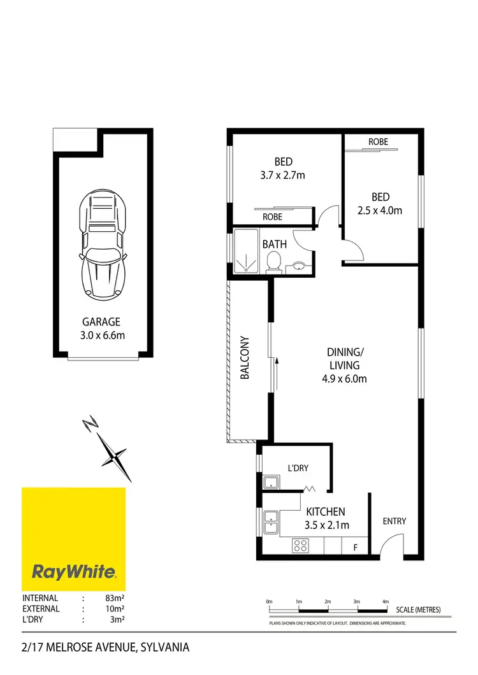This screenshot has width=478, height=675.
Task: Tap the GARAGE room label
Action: [101, 322]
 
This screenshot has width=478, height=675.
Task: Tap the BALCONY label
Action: [244, 358]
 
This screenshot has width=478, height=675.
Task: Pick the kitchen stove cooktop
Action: [300, 545]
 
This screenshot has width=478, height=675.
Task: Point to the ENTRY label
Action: [394, 521]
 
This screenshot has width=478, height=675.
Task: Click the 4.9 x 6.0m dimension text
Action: [344, 378]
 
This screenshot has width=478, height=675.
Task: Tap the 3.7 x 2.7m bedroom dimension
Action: [283, 174]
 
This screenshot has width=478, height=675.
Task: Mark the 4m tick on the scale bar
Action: [385, 602]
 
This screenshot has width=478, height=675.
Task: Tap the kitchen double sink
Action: [270, 523]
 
